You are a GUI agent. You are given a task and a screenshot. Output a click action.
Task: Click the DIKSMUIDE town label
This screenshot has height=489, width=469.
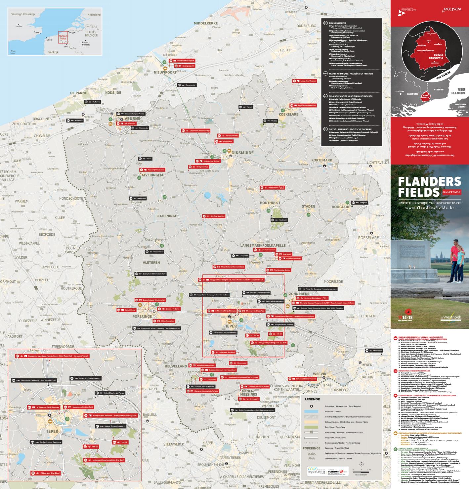tap(242, 153)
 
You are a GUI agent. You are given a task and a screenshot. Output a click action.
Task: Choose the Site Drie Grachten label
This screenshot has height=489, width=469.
tap(214, 216)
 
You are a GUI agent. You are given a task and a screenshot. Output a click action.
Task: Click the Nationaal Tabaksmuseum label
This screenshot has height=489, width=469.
tap(304, 379)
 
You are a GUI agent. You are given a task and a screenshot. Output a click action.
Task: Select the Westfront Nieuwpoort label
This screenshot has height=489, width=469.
tap(182, 61)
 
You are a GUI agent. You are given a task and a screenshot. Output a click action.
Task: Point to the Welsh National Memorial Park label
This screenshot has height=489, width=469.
tap(229, 267)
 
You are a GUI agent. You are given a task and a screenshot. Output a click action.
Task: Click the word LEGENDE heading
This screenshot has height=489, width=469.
tap(312, 399)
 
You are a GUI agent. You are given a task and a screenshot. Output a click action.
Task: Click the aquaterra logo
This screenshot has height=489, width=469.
tap(317, 471)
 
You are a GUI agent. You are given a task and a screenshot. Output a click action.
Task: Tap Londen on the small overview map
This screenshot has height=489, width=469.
tap(19, 26)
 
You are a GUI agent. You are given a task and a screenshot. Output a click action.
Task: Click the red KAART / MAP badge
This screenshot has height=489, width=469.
tap(451, 192)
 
